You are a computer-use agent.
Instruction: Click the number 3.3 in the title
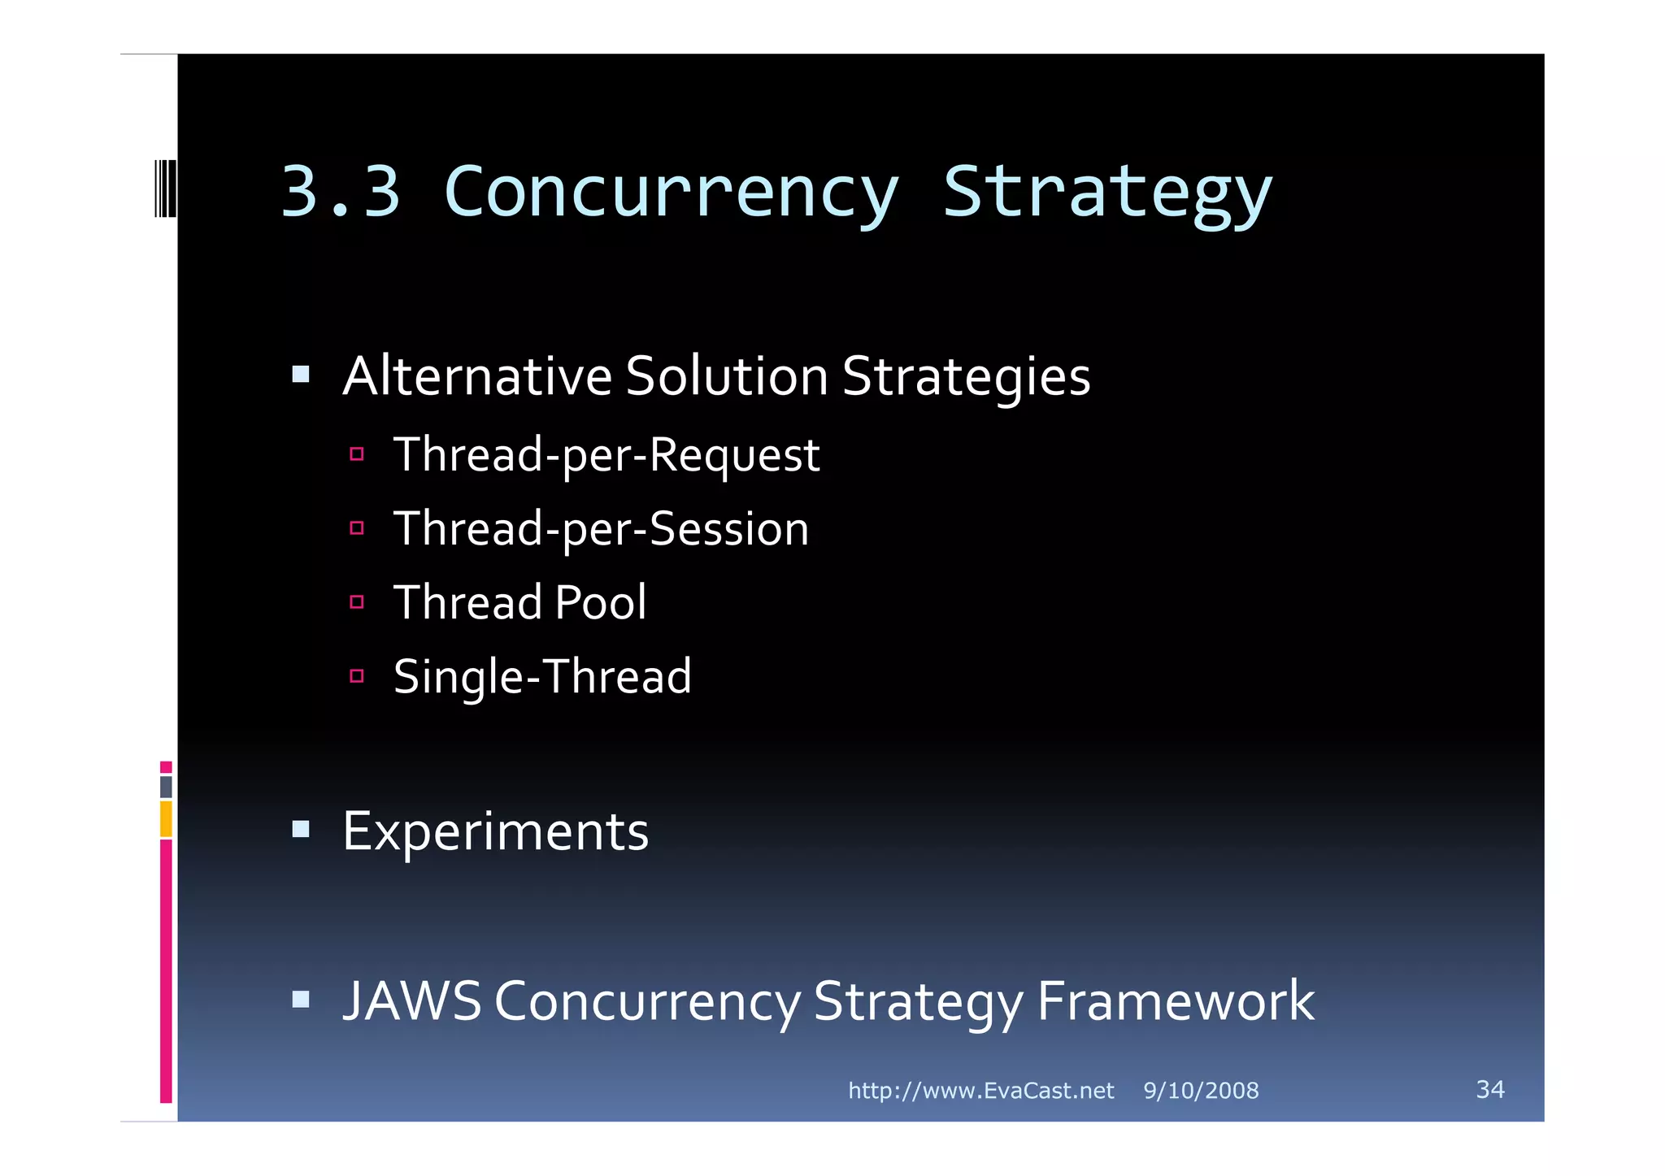click(x=341, y=192)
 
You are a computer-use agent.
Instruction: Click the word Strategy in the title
click(x=1106, y=193)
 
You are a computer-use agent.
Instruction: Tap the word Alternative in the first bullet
click(x=477, y=376)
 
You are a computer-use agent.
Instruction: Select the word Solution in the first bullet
click(x=727, y=376)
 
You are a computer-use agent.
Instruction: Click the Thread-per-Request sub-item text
click(x=606, y=454)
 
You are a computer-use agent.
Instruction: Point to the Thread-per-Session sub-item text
click(x=601, y=528)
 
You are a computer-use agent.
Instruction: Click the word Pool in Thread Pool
click(x=601, y=602)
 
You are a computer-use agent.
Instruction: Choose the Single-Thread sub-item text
click(x=542, y=676)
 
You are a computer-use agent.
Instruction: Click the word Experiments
click(x=495, y=831)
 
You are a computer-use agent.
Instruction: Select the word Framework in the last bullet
click(x=1176, y=1000)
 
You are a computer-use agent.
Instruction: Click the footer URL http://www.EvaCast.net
click(x=980, y=1091)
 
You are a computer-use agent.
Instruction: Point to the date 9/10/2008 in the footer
click(x=1201, y=1091)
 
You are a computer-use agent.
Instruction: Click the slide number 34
click(x=1489, y=1089)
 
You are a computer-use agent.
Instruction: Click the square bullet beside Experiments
click(x=301, y=829)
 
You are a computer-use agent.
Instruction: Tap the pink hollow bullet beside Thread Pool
click(x=357, y=602)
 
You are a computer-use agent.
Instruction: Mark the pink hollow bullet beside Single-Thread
click(x=357, y=676)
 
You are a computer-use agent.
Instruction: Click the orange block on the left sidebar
click(x=166, y=818)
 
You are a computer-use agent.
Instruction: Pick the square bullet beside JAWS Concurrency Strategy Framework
click(x=301, y=999)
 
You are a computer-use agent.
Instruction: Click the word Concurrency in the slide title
click(x=672, y=193)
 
